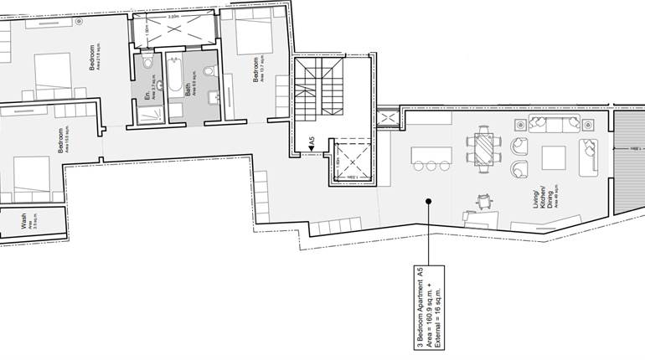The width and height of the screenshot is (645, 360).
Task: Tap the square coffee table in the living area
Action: point(554,159)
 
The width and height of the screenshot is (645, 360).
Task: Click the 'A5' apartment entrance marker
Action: point(311,143)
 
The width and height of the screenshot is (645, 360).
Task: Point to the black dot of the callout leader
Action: point(428,201)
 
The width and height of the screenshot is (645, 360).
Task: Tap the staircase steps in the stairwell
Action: point(319,91)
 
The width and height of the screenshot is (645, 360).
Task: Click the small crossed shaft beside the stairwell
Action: point(388,120)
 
